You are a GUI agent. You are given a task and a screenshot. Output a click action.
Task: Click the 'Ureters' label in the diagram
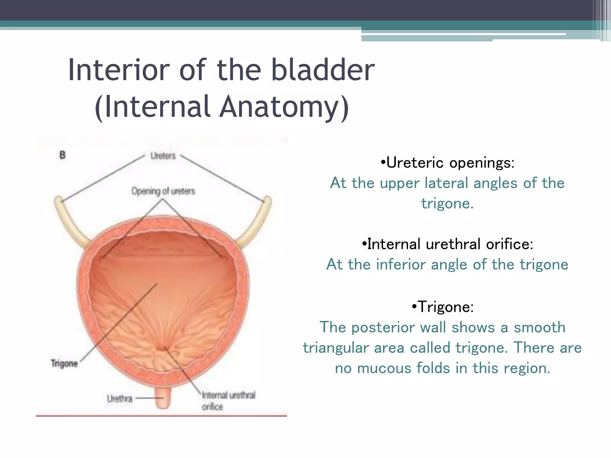point(163,156)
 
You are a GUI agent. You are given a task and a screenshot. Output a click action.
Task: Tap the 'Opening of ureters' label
point(163,191)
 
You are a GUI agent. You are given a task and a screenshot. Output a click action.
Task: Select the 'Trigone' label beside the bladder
point(64,363)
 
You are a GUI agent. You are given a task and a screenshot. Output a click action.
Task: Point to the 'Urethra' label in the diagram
point(119,399)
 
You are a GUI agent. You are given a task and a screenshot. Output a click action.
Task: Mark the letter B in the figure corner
point(62,155)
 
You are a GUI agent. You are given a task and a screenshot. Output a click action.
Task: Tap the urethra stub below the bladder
point(163,398)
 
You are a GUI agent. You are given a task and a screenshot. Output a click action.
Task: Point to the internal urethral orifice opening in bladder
point(163,348)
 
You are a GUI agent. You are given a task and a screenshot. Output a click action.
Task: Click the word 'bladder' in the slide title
point(323,70)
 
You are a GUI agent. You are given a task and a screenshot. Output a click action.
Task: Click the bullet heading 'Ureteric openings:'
point(448,163)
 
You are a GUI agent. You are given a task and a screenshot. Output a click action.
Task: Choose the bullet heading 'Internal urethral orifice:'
point(447,244)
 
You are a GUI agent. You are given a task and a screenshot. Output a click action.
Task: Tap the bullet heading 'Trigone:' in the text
point(443,307)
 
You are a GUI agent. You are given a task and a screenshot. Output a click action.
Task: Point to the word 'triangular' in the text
point(336,348)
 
